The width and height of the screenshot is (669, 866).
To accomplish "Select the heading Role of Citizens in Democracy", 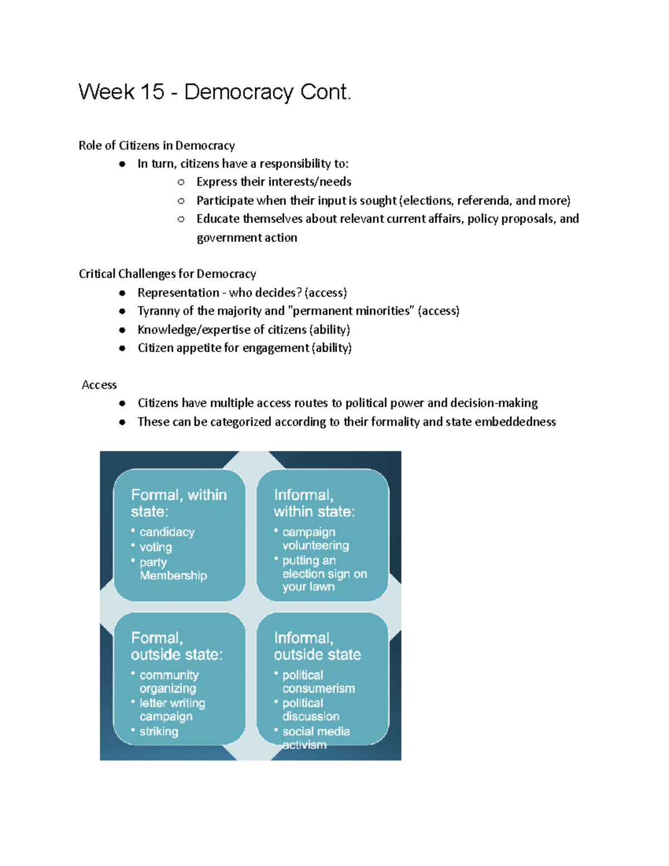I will tap(157, 146).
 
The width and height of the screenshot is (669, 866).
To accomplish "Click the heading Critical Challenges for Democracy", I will tap(167, 274).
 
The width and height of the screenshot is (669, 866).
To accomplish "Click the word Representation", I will tap(178, 293).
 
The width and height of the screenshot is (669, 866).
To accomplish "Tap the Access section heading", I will tap(99, 385).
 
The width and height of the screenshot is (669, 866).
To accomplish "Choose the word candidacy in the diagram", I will tap(167, 532).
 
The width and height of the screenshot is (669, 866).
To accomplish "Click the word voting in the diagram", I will tap(156, 547).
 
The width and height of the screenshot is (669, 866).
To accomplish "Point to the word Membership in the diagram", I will tap(173, 575).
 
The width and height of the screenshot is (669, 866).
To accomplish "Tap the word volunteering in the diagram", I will tap(316, 545).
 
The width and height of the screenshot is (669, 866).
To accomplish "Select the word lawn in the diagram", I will tap(322, 587).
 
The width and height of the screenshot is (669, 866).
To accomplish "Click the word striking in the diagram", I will tap(159, 731).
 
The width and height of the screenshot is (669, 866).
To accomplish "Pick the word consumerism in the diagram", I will tap(318, 689).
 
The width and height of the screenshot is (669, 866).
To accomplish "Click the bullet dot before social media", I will tap(276, 729).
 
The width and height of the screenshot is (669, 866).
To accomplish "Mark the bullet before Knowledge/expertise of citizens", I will tap(122, 330).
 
